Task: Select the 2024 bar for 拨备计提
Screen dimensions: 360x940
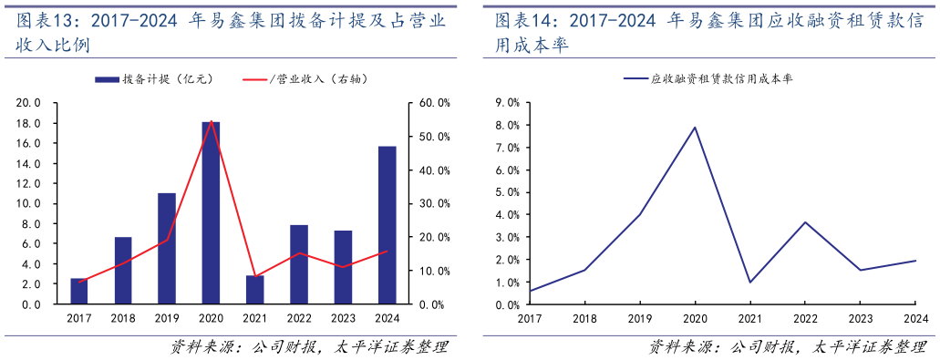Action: click(387, 224)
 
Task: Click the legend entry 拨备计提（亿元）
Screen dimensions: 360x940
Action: click(155, 79)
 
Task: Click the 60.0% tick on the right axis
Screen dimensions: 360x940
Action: click(432, 103)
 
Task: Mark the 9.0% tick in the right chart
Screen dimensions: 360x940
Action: click(506, 103)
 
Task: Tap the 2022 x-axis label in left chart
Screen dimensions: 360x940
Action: click(299, 318)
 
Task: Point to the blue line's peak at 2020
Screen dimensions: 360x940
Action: click(695, 128)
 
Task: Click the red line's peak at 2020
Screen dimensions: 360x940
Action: click(211, 121)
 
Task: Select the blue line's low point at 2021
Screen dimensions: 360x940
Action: click(749, 282)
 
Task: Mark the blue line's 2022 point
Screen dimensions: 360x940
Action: click(805, 222)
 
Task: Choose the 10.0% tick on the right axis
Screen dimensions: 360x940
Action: click(432, 271)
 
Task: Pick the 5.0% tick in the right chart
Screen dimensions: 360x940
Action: click(506, 192)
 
